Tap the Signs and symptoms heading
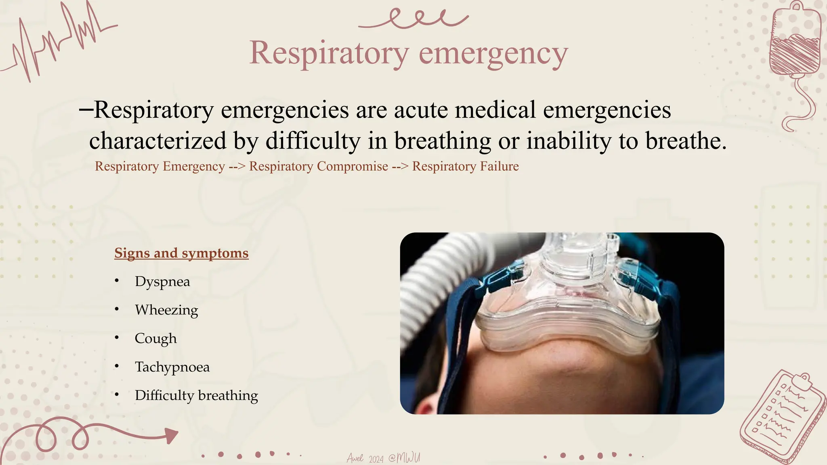(181, 253)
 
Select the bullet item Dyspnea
(162, 281)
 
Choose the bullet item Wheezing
(166, 310)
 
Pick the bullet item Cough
(155, 338)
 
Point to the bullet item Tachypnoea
(172, 367)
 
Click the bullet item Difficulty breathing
(196, 395)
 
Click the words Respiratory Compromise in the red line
(318, 166)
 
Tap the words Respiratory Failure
(465, 166)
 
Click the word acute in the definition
(421, 110)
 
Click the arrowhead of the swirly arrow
(171, 435)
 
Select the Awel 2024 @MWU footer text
(383, 458)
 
